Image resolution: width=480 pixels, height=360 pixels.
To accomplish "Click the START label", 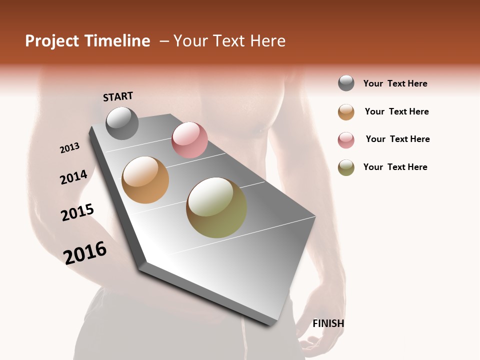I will tap(118, 96).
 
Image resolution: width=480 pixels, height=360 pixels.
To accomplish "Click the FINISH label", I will tap(328, 323).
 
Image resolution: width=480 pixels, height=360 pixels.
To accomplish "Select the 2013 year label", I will tap(69, 147).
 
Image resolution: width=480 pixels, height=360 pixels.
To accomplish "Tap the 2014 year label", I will tap(73, 177).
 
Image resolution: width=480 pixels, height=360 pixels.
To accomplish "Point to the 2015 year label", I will tap(77, 212).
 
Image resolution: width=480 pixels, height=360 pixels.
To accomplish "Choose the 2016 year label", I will tap(85, 252).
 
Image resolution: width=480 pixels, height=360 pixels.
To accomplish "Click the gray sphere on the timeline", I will tap(122, 123).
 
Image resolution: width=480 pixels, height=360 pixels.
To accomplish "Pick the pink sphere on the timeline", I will tap(189, 140).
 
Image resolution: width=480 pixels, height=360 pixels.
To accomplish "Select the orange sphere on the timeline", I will tap(145, 180).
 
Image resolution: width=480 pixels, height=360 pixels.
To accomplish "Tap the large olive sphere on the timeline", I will tap(216, 207).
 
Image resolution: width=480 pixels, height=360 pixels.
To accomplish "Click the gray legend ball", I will tap(346, 83).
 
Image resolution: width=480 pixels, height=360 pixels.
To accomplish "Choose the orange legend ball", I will tap(346, 112).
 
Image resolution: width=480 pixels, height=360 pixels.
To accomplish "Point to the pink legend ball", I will tap(346, 140).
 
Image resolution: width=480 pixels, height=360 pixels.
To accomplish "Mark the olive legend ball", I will tap(346, 167).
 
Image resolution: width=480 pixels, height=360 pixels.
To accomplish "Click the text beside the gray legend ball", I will tap(395, 83).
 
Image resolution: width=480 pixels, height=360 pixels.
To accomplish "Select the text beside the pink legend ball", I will tap(397, 139).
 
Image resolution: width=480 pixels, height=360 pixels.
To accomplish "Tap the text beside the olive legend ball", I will tap(395, 167).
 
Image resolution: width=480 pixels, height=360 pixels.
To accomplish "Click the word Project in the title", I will tap(52, 41).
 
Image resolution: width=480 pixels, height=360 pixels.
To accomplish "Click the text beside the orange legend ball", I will tap(396, 111).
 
